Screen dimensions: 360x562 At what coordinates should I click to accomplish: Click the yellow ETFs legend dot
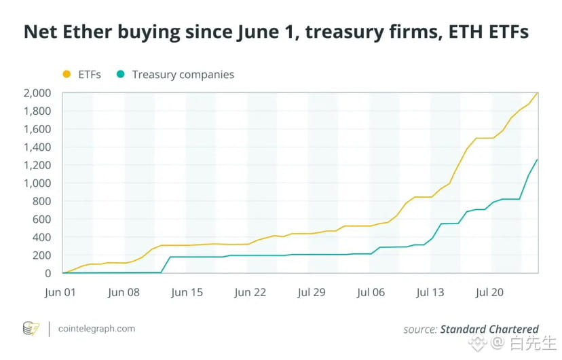click(x=66, y=74)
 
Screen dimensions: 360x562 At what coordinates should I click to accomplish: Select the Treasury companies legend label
click(x=183, y=75)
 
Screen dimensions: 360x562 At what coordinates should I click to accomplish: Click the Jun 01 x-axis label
click(x=62, y=293)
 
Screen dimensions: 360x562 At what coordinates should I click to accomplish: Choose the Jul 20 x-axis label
click(x=489, y=293)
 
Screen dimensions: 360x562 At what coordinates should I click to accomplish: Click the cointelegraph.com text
click(x=96, y=329)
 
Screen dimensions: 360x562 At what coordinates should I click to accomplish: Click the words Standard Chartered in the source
click(x=489, y=329)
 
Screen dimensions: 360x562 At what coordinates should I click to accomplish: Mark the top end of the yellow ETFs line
click(x=538, y=93)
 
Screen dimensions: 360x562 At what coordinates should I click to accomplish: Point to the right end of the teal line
click(x=538, y=160)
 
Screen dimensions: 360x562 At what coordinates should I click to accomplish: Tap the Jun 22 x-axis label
click(x=250, y=293)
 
